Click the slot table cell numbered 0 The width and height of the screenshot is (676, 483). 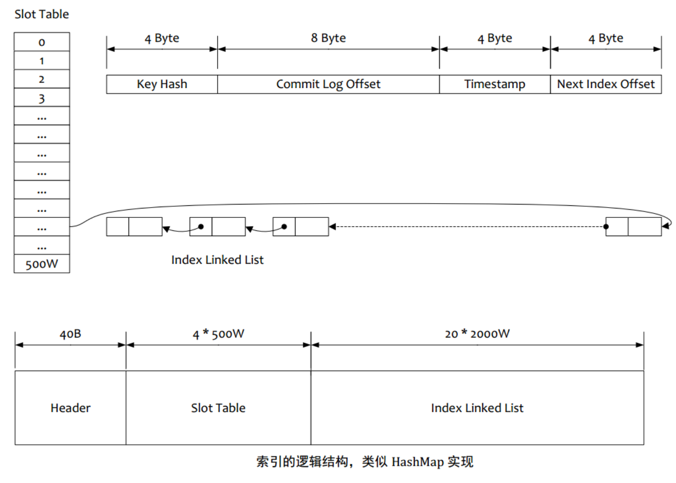(x=42, y=42)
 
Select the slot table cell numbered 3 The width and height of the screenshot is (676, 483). (x=42, y=98)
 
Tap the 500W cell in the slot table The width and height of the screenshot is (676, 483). (x=42, y=264)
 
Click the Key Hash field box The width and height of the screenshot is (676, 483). (x=162, y=84)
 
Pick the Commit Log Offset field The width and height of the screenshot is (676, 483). (x=328, y=84)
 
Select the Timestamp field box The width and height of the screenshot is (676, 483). (x=495, y=84)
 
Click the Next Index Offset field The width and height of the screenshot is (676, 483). (x=606, y=84)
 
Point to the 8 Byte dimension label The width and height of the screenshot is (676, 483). (x=328, y=38)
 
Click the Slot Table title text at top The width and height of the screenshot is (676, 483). (x=42, y=14)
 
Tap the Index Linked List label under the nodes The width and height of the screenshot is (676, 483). (x=217, y=260)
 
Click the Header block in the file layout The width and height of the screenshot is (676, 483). (x=70, y=408)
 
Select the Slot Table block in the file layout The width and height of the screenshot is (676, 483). (x=218, y=408)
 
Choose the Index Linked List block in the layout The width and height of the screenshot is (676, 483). (x=477, y=408)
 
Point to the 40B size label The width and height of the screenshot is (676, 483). (x=70, y=334)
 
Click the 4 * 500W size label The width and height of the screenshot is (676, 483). (x=218, y=334)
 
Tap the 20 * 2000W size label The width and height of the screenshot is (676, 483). (x=477, y=334)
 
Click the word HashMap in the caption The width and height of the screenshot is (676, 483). (x=417, y=462)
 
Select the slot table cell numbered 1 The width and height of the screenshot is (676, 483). (x=42, y=61)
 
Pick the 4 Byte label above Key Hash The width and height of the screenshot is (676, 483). (x=162, y=38)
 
